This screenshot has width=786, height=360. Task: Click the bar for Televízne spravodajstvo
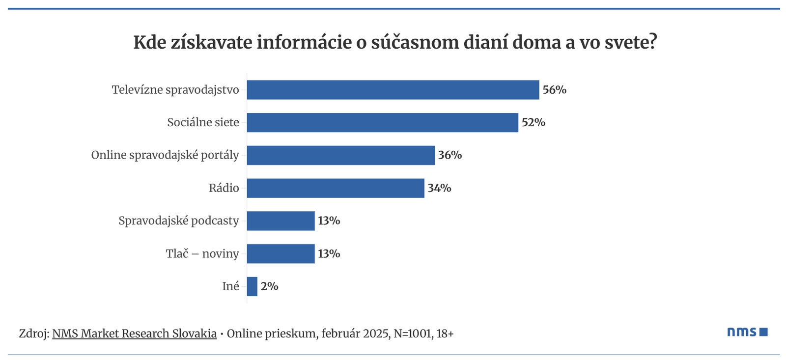(x=393, y=90)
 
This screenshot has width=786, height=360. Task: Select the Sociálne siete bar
(x=382, y=123)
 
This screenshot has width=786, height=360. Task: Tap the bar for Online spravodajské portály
(x=340, y=155)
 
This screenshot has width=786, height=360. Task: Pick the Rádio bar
(x=335, y=188)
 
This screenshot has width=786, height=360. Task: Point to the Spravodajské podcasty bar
(x=281, y=221)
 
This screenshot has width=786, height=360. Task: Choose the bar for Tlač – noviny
(x=281, y=254)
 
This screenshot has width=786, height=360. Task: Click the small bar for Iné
(x=252, y=286)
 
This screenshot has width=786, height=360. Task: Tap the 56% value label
(x=554, y=90)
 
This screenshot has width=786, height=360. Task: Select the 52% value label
(x=533, y=123)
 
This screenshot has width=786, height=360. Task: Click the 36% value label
(x=450, y=155)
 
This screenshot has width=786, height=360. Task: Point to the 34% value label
(x=439, y=188)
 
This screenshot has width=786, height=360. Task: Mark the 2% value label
(x=269, y=286)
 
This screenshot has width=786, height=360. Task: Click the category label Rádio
(x=224, y=188)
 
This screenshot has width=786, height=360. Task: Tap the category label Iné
(x=230, y=286)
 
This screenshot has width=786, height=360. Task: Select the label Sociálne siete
(x=203, y=123)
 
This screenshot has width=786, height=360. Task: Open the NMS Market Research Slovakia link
(x=134, y=333)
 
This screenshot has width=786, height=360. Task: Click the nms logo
(x=747, y=332)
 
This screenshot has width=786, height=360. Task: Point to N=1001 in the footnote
(x=413, y=333)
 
